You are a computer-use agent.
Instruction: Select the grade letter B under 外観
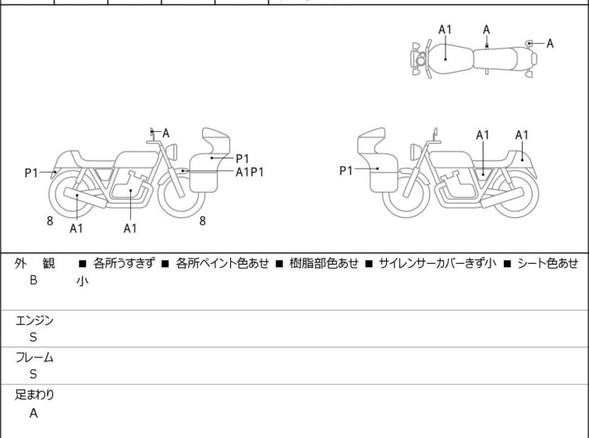(34, 280)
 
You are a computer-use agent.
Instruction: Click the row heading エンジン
(35, 320)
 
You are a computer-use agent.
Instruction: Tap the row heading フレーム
(35, 358)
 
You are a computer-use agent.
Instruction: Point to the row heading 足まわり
(35, 395)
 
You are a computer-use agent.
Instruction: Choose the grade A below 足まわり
(34, 414)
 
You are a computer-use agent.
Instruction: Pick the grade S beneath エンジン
(34, 338)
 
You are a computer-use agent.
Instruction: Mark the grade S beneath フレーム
(34, 376)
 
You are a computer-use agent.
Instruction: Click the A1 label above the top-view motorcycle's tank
(445, 30)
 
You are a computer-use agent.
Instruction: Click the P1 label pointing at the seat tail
(31, 173)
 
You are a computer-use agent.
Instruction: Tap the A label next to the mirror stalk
(165, 133)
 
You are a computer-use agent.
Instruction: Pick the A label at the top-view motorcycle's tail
(549, 44)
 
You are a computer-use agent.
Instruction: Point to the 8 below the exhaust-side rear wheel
(50, 221)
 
